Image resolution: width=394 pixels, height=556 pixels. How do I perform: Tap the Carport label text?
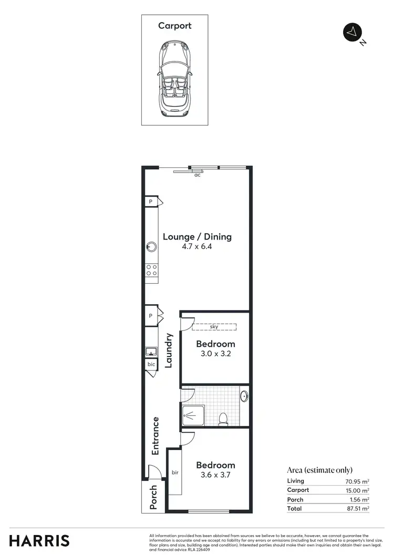pos(175,26)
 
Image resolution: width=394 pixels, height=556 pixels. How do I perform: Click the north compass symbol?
pos(351,32)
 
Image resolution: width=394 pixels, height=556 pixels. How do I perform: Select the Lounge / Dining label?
pos(197,237)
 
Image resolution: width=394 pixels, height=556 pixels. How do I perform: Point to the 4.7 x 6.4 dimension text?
pos(197,248)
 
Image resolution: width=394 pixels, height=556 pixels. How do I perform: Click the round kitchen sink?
pos(152,247)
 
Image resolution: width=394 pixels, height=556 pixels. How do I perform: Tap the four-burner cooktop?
pos(152,270)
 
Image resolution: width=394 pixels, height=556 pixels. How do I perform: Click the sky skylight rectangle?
pos(214,327)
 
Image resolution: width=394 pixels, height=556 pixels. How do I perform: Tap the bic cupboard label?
pos(151,363)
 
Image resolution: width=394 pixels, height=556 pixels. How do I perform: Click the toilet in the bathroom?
pos(223,418)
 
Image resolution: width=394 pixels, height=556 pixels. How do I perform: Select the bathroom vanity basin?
pos(244,397)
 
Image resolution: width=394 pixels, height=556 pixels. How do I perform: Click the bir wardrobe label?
pos(175,472)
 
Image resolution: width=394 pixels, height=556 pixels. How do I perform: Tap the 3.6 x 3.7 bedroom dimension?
pos(215,476)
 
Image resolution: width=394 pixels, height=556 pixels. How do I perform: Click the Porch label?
pos(153,497)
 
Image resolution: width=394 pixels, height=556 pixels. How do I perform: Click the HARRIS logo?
pos(39,540)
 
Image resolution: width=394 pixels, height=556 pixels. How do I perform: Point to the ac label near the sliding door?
pos(198,175)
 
